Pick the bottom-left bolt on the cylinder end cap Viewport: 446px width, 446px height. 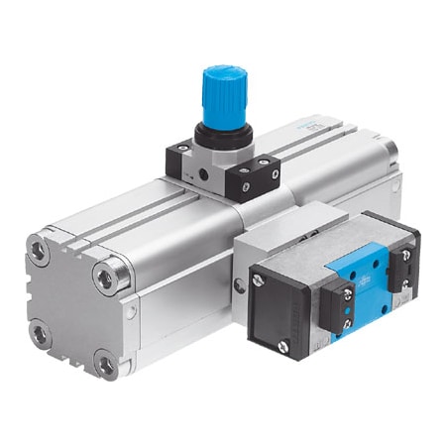coord(43,334)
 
